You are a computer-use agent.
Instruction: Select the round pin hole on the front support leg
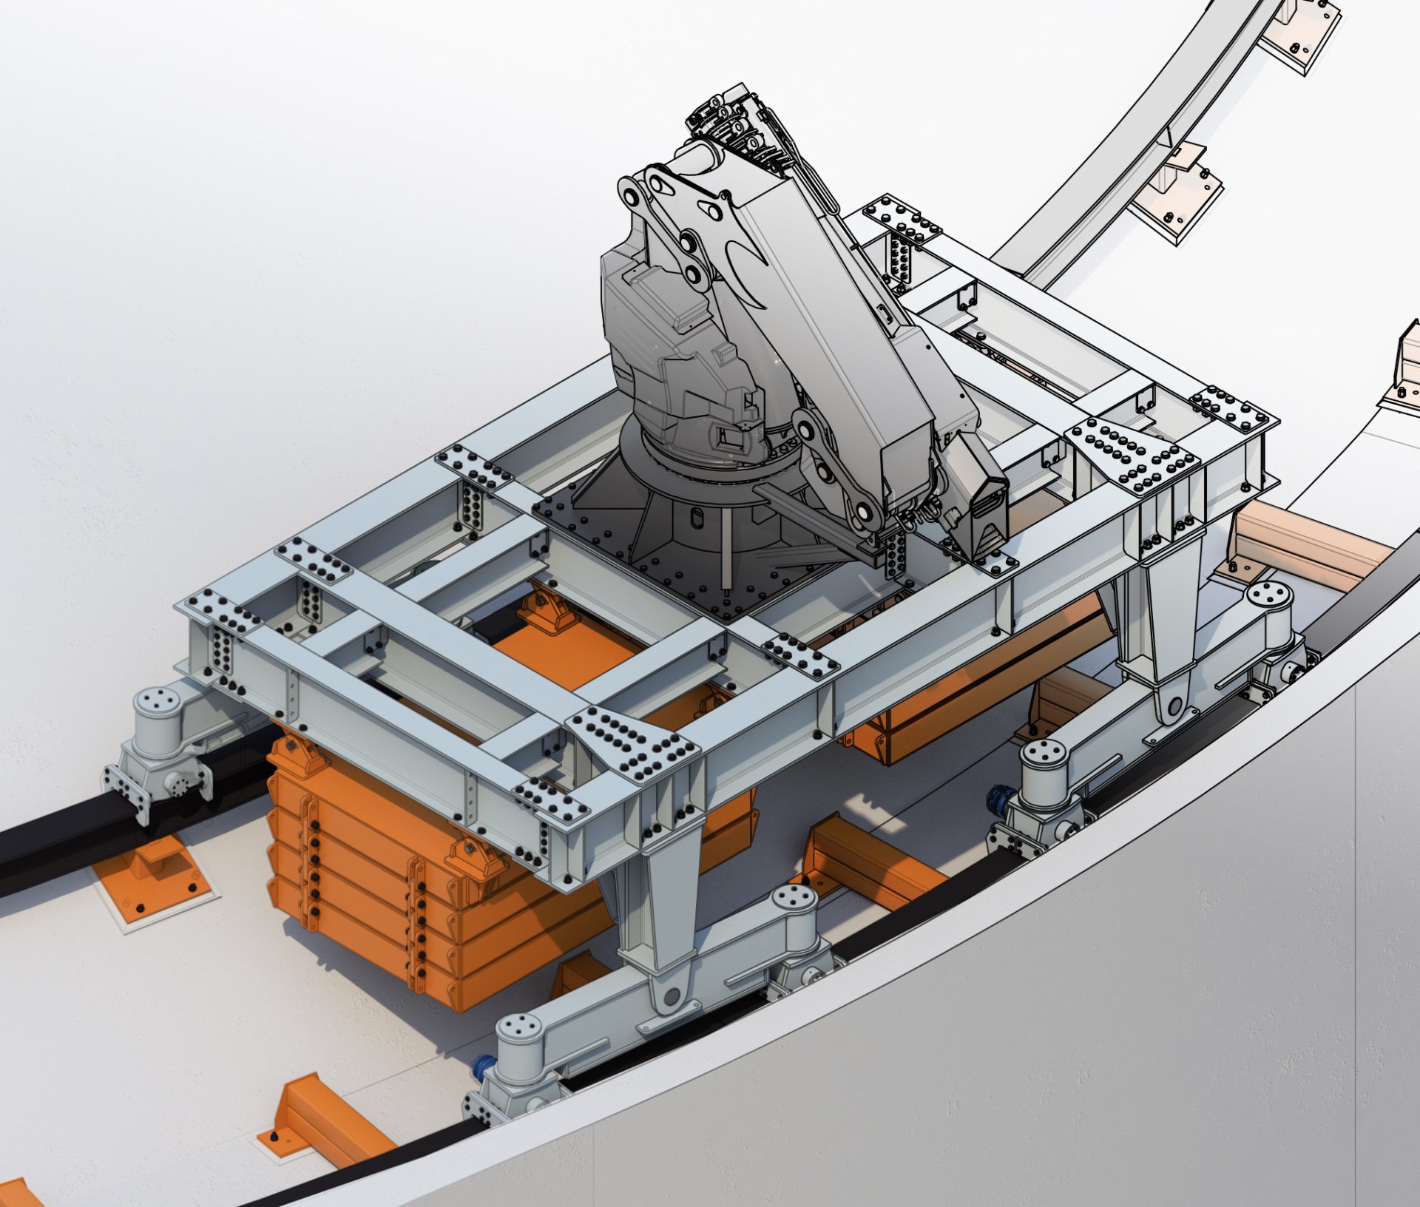(x=671, y=997)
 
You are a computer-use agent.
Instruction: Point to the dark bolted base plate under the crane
(x=643, y=562)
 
